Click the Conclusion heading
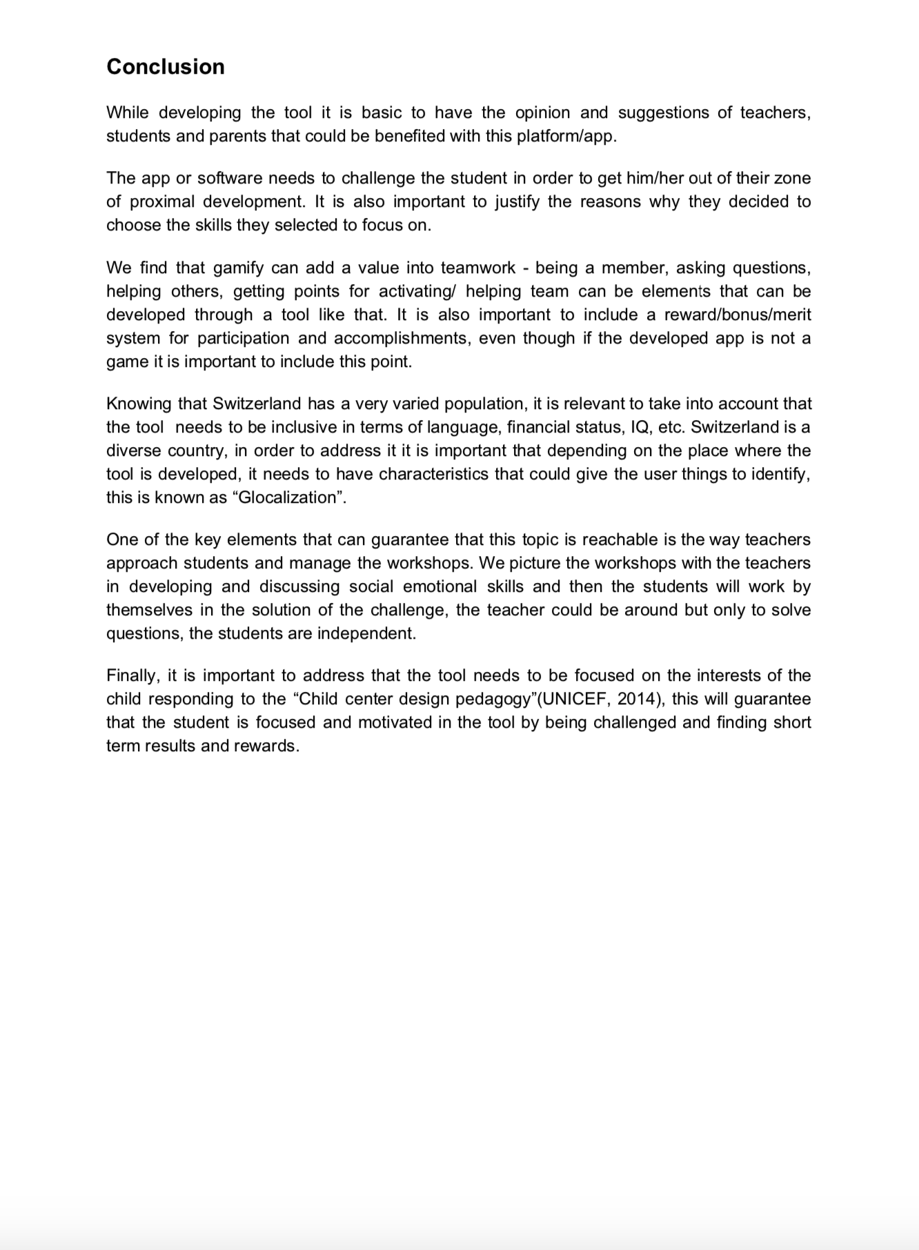(x=166, y=66)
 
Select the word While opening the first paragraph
(x=126, y=112)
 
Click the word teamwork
(x=478, y=268)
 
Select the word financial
(x=541, y=427)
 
